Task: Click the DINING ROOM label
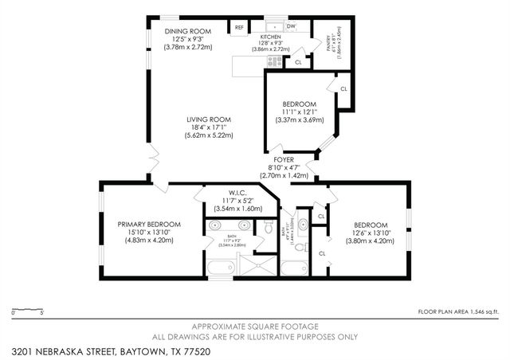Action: tap(188, 31)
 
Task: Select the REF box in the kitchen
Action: tap(239, 28)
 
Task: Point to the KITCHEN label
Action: tap(271, 36)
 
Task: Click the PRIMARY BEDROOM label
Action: tap(149, 225)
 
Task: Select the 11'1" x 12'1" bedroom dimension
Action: tap(300, 112)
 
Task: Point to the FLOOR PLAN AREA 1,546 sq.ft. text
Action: tap(460, 311)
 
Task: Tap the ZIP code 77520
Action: tap(177, 351)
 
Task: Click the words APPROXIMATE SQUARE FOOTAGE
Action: tap(255, 327)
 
